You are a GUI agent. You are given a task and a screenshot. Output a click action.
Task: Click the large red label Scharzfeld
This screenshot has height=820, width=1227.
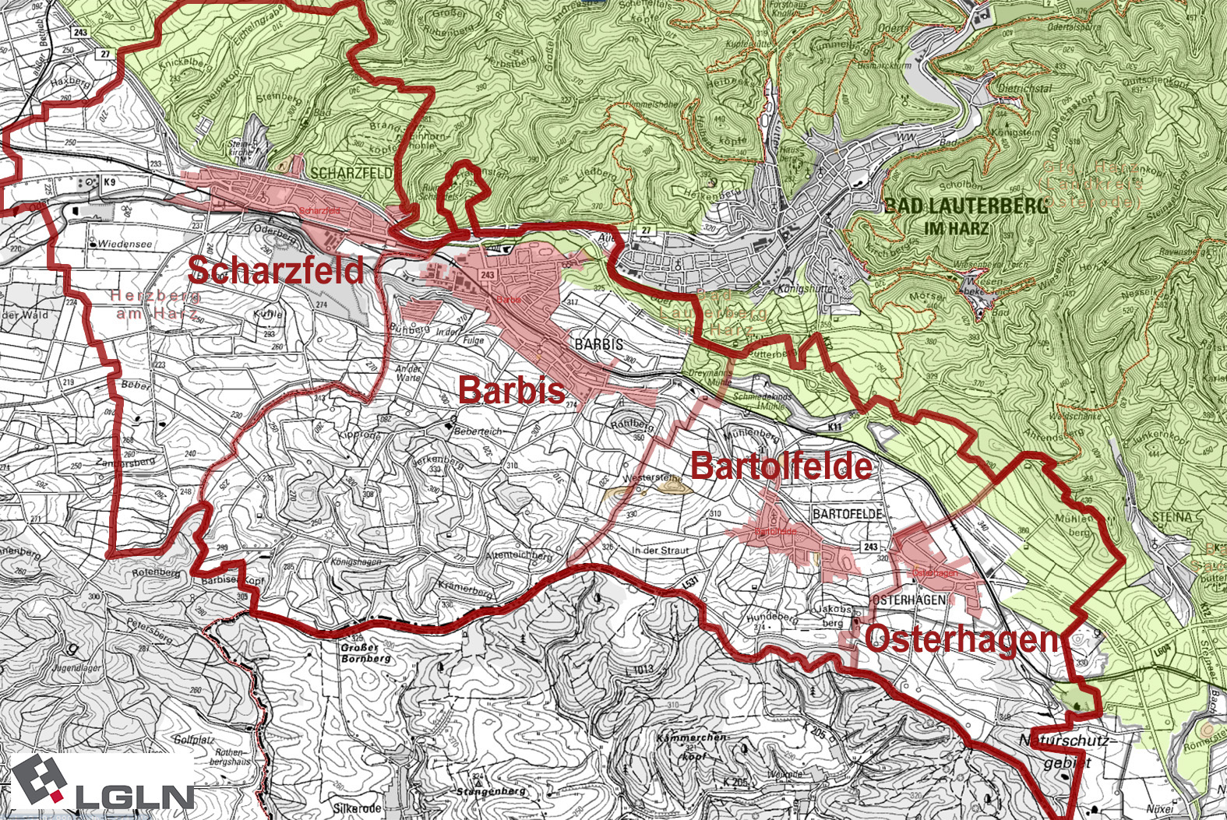(x=275, y=270)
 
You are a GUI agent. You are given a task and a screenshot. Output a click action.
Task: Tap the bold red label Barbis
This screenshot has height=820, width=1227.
(x=511, y=389)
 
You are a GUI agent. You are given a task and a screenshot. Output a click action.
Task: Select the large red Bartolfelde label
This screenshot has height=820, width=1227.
(x=781, y=466)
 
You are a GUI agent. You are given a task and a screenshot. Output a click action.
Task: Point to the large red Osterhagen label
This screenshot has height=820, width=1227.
(x=961, y=639)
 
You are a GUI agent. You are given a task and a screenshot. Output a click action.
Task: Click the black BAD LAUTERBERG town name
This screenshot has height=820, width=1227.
(x=966, y=206)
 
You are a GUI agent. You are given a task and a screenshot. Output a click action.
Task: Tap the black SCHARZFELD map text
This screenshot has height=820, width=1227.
(x=351, y=173)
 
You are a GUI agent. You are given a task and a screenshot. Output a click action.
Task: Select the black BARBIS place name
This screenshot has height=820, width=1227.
(x=598, y=343)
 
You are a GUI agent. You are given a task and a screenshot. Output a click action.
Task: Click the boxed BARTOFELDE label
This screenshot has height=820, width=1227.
(x=848, y=514)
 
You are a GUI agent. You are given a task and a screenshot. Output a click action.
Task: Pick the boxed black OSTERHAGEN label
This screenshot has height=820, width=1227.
(x=908, y=600)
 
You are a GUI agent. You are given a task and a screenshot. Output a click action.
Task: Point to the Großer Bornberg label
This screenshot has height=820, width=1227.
(x=365, y=653)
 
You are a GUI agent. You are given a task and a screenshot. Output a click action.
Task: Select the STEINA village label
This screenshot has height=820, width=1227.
(x=1172, y=517)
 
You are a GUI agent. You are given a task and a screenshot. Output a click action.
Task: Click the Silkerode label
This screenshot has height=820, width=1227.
(x=357, y=809)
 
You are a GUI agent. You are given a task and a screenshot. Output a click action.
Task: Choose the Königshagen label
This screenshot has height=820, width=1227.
(x=356, y=561)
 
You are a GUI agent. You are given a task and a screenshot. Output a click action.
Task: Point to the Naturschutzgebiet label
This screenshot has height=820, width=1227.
(x=1067, y=751)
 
